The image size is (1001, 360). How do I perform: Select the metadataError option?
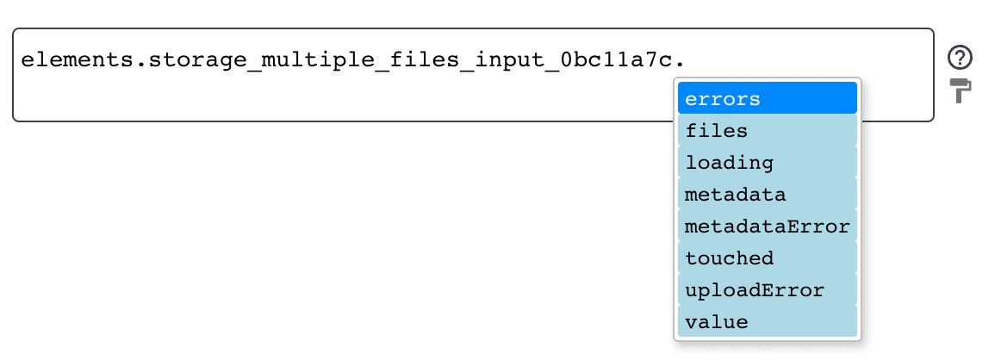click(x=767, y=226)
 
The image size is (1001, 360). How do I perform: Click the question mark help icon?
click(x=960, y=58)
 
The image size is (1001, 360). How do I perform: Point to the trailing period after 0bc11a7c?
click(x=678, y=65)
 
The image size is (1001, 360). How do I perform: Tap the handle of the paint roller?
click(x=959, y=96)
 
